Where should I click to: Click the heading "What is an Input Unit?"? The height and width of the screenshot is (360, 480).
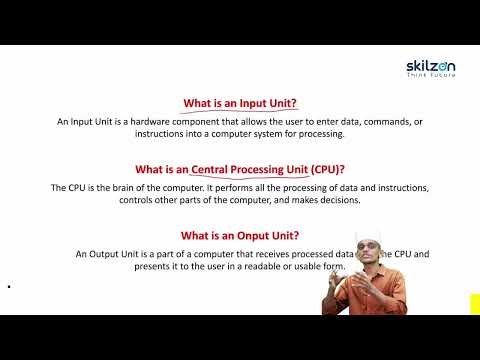point(240,103)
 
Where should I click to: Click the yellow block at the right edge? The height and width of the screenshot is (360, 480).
point(474,303)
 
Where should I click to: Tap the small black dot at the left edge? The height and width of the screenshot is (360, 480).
point(8,288)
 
